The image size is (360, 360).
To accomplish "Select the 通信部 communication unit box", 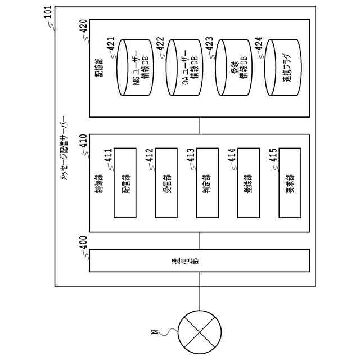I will coord(200,262).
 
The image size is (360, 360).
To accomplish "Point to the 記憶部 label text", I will coord(99,67).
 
